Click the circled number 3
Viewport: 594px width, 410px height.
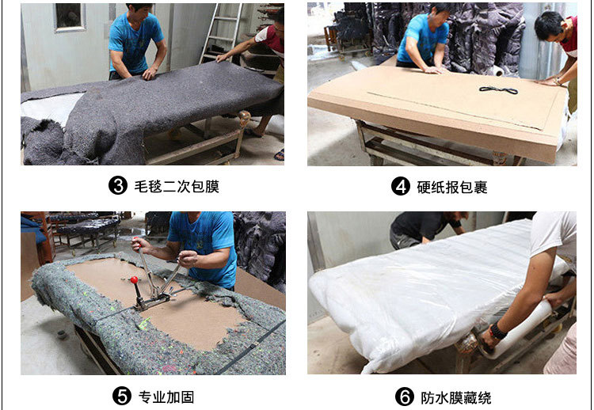117,187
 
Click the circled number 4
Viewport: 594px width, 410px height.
401,187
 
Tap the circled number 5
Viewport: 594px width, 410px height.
122,397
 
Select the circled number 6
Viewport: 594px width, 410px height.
405,397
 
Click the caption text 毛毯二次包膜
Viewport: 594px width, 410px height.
175,187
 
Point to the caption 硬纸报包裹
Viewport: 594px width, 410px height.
451,187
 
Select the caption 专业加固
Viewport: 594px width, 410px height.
166,397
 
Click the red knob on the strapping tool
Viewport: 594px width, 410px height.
135,279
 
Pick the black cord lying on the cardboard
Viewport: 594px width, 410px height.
497,89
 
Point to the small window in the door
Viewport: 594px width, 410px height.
67,17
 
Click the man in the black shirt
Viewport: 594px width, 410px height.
424,227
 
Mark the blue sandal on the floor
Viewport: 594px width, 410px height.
279,154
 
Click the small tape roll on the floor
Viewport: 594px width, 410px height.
60,334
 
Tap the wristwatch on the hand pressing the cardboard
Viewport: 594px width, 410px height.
557,80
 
